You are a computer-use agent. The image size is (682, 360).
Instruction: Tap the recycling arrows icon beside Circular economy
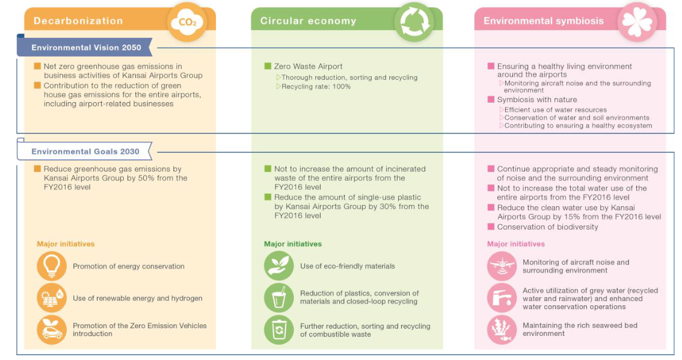pos(414,22)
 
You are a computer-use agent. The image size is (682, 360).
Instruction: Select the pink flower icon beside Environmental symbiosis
pos(637,22)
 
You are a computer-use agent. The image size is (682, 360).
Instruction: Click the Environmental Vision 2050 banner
pos(86,47)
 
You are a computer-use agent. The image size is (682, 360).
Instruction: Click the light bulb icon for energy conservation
pos(52,266)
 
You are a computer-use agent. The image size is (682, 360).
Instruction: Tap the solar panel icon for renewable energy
pos(52,298)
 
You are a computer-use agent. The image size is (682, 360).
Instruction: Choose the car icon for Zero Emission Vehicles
pos(52,330)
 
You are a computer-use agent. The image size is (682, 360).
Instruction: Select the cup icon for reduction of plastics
pos(279,297)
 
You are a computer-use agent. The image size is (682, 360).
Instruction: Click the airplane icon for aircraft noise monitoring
pos(502,266)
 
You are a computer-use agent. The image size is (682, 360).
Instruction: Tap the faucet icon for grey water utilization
pos(502,298)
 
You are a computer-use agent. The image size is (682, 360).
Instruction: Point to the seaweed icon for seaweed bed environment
pos(502,330)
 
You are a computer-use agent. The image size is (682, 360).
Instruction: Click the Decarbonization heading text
pos(78,21)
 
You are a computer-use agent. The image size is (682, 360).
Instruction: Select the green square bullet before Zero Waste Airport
pos(268,66)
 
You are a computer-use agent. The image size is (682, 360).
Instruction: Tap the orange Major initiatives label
pos(66,244)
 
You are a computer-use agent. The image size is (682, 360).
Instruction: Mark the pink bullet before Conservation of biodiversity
pos(491,227)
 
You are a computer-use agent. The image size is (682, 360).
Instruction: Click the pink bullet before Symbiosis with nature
pos(491,100)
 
